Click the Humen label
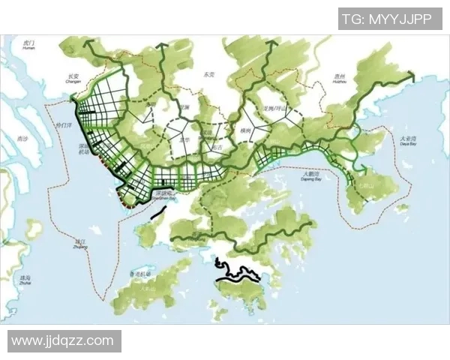[30, 46]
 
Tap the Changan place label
[73, 78]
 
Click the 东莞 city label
[208, 75]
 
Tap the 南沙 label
[22, 139]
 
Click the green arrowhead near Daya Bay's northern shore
[412, 74]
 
